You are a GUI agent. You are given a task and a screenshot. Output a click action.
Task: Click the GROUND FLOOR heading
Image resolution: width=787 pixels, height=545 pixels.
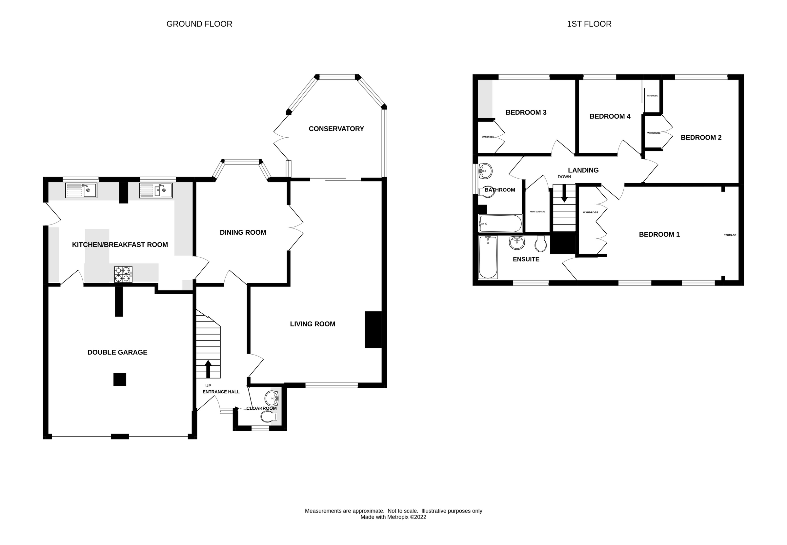coord(199,24)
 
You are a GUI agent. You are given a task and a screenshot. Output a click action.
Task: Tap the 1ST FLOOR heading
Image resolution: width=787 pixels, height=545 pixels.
coord(589,24)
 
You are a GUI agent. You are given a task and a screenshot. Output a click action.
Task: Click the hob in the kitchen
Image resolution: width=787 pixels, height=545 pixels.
coord(123,274)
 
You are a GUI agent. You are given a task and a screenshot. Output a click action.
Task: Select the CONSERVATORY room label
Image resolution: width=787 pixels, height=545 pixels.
coord(336,129)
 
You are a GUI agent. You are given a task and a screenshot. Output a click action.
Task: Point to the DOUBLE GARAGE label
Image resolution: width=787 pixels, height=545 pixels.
coord(117,352)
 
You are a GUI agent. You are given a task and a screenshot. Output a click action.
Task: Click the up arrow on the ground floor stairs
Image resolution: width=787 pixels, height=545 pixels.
coord(208,368)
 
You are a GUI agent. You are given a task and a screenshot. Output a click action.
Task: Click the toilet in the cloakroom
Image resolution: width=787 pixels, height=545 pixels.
coord(269,417)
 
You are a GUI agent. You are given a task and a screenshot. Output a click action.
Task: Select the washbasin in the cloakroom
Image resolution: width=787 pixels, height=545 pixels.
coord(272,398)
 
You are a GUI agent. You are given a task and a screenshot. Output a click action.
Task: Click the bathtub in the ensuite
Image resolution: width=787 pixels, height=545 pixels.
coord(488,257)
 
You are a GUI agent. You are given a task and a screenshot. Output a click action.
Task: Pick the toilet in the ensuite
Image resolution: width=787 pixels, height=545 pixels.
coord(541,243)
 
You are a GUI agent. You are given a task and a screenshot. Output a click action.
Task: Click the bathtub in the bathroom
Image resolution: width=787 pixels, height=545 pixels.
coord(500,224)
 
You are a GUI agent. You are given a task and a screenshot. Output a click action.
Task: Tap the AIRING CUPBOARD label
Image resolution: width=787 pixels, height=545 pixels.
coord(537,212)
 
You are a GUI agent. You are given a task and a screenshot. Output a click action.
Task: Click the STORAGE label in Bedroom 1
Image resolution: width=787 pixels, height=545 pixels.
coord(730,235)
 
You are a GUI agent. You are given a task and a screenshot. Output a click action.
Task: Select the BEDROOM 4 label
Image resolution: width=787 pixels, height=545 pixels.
coord(610,116)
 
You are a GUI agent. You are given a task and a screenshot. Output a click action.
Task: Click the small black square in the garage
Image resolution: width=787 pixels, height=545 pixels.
coord(120,380)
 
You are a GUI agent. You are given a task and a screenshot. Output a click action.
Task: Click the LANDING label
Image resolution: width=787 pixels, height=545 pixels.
coord(583,170)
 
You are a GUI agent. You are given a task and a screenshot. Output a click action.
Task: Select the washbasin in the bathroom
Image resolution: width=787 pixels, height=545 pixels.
coord(485,170)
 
